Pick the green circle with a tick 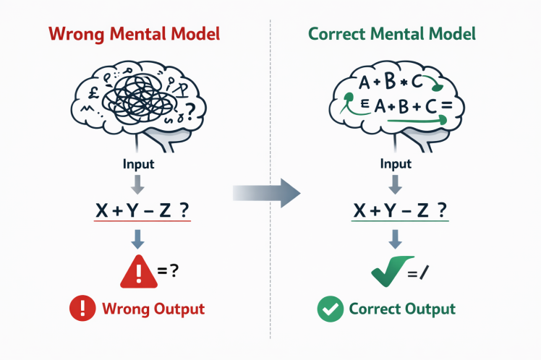[x=330, y=309]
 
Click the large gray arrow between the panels [x=267, y=192]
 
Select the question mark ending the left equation [x=184, y=210]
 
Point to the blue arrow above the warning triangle [x=137, y=239]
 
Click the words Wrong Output [x=153, y=309]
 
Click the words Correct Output [x=402, y=309]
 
